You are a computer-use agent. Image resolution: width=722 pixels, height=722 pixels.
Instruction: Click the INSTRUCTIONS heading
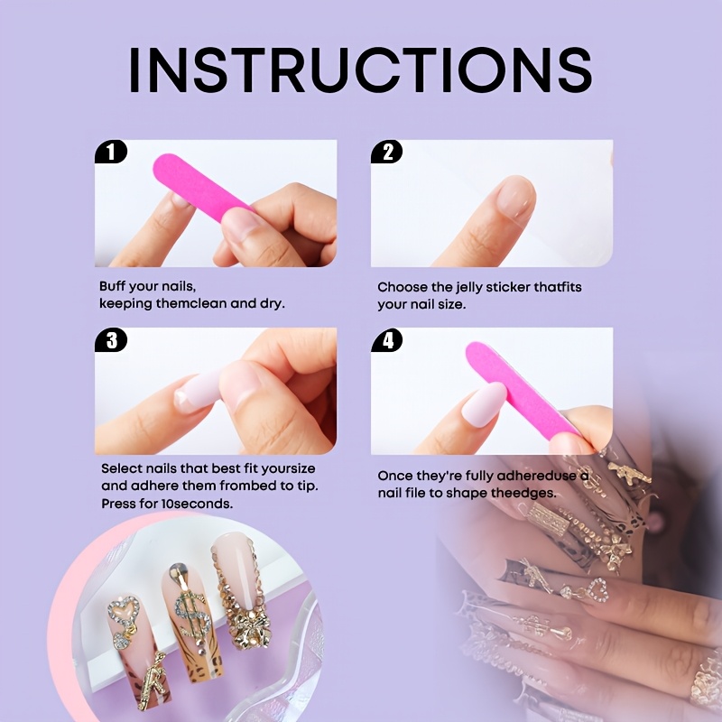[x=360, y=70]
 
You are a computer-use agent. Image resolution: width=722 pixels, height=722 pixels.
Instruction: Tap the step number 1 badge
[x=110, y=152]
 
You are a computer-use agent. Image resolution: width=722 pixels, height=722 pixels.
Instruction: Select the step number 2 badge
[x=387, y=152]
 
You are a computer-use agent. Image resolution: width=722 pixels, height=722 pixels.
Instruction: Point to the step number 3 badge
[x=111, y=340]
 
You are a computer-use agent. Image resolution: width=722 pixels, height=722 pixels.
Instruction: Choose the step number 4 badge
[x=387, y=340]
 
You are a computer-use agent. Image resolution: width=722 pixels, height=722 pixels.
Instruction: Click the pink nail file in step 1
[x=201, y=185]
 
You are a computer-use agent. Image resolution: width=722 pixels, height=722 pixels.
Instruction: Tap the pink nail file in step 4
[x=522, y=390]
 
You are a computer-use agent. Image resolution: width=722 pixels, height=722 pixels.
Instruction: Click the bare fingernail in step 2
[x=516, y=196]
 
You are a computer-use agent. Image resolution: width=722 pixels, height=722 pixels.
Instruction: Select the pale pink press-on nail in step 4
[x=485, y=403]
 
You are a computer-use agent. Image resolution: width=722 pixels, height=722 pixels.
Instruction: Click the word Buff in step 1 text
[x=112, y=286]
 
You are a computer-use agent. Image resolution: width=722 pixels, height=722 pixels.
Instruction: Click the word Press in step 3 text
[x=117, y=504]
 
